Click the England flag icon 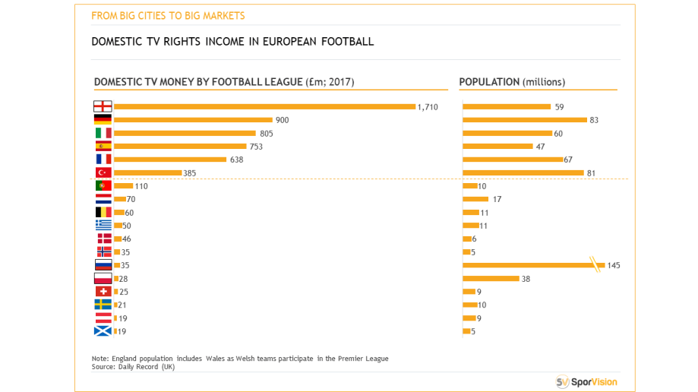[x=103, y=106]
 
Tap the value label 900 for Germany [x=282, y=120]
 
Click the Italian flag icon [x=103, y=133]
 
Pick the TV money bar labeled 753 [x=180, y=147]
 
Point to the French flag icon [x=103, y=160]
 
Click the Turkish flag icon [x=103, y=172]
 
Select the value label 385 [x=189, y=173]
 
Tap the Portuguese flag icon [x=103, y=186]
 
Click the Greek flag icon [x=103, y=226]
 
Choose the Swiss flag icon [x=103, y=292]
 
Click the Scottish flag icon [x=103, y=331]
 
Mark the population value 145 [x=614, y=266]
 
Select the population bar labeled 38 [x=491, y=279]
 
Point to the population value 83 [x=595, y=120]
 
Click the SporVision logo [x=586, y=382]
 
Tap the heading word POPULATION [x=489, y=82]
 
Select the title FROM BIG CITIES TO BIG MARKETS [x=168, y=15]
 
